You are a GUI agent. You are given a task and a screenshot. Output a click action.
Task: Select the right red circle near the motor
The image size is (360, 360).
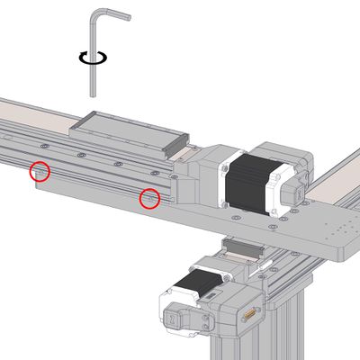[149, 197]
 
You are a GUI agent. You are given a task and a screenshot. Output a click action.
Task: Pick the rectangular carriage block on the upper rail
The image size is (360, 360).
[133, 131]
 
